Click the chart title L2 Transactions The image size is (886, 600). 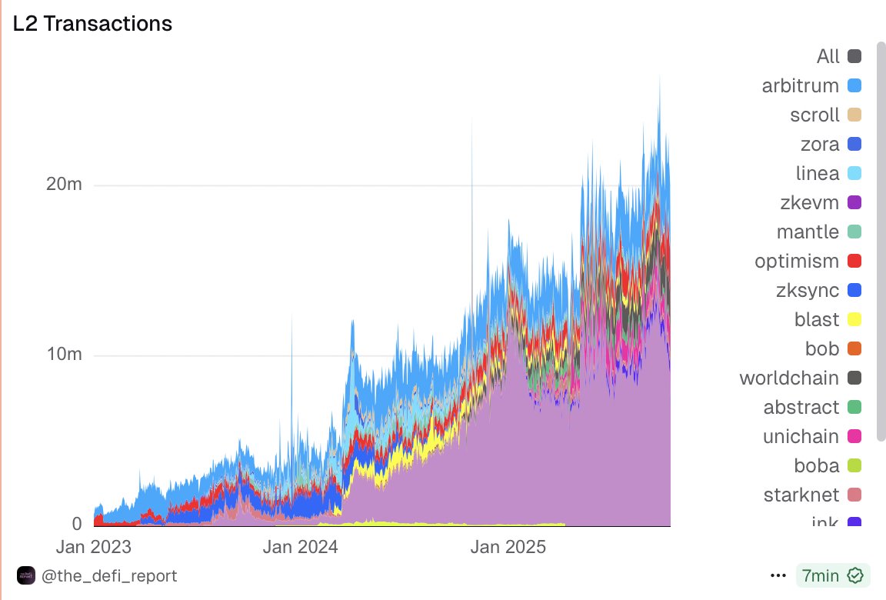pyautogui.click(x=92, y=24)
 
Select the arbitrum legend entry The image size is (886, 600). pyautogui.click(x=800, y=85)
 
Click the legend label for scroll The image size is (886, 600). pyautogui.click(x=814, y=115)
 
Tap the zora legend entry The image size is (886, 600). pyautogui.click(x=820, y=144)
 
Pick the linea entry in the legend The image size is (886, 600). pyautogui.click(x=818, y=173)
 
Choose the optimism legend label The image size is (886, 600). pyautogui.click(x=797, y=261)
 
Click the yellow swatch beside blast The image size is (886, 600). pyautogui.click(x=854, y=319)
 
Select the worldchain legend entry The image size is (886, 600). pyautogui.click(x=789, y=378)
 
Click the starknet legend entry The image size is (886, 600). pyautogui.click(x=801, y=495)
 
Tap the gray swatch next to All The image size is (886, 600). pyautogui.click(x=854, y=56)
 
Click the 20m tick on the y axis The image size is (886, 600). pyautogui.click(x=65, y=185)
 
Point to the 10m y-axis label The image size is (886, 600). pyautogui.click(x=65, y=355)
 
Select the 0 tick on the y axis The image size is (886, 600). pyautogui.click(x=77, y=524)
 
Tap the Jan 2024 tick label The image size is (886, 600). pyautogui.click(x=299, y=548)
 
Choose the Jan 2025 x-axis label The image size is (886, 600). pyautogui.click(x=508, y=548)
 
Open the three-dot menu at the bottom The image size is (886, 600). pyautogui.click(x=778, y=575)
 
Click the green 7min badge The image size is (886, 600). pyautogui.click(x=832, y=575)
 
